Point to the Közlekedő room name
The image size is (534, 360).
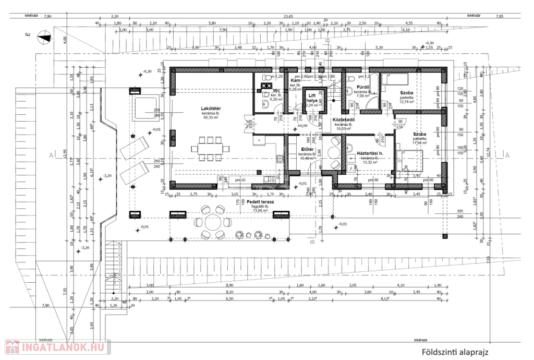tap(344, 119)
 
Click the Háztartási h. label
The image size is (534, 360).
tap(370, 153)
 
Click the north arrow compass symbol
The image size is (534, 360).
tap(45, 36)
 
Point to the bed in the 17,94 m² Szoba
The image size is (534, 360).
tap(410, 160)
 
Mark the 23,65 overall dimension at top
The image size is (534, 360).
tap(288, 16)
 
